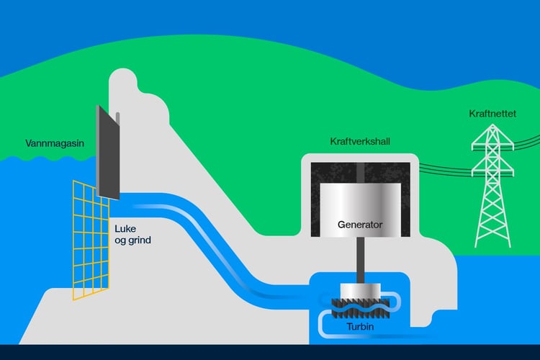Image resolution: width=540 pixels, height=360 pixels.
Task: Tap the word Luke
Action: tap(125, 229)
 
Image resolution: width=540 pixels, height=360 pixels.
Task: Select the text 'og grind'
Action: tap(132, 240)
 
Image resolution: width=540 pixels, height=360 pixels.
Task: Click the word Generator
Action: tap(360, 224)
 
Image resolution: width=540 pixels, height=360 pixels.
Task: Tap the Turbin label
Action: tap(359, 327)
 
